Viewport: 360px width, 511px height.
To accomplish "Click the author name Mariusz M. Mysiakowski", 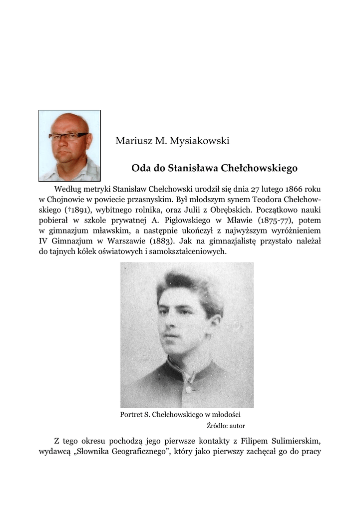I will tap(172, 141).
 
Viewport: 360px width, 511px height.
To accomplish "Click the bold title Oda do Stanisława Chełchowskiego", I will tap(214, 168).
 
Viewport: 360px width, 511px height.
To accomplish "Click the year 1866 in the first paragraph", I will tap(293, 189).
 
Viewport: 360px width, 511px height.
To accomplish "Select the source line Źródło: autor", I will tap(226, 426).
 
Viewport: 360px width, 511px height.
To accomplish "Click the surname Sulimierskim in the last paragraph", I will tap(292, 441).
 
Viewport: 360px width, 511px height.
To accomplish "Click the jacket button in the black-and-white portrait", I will tap(189, 388).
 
